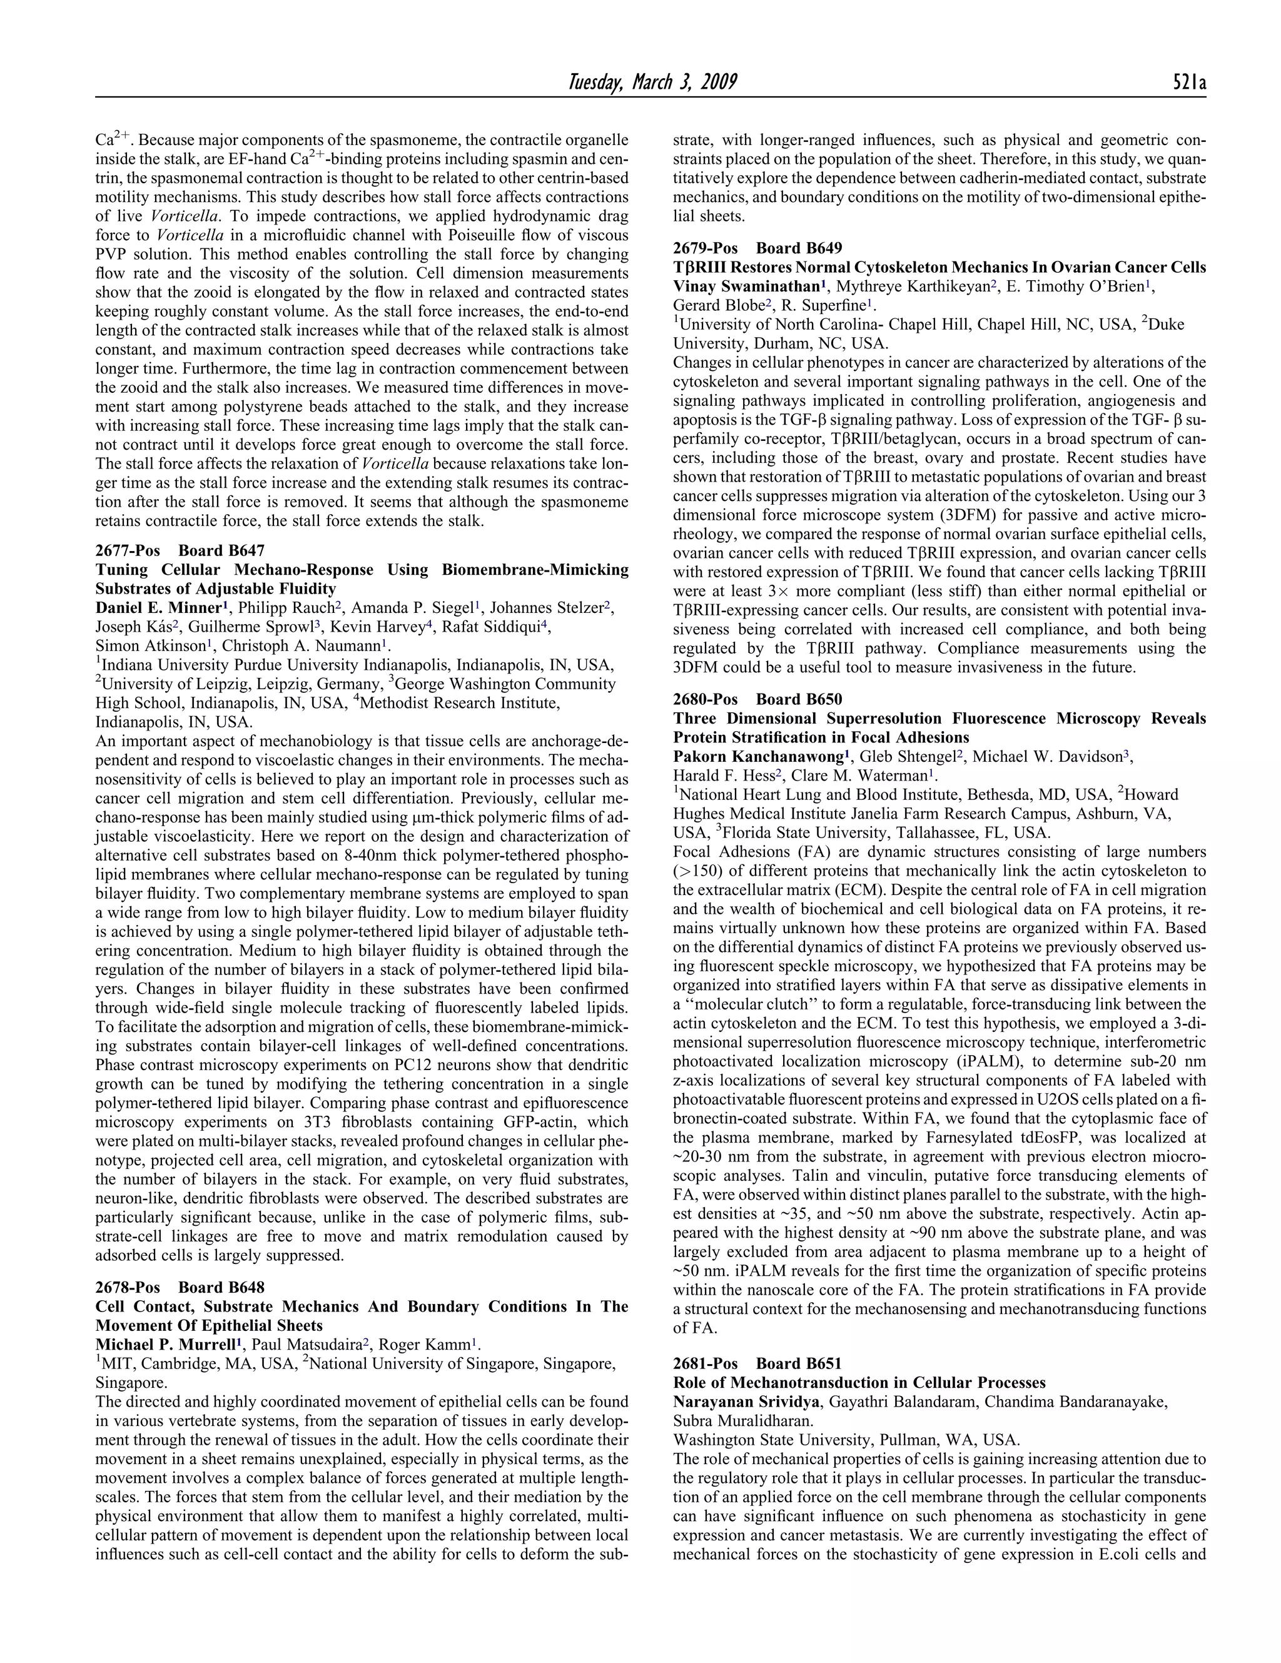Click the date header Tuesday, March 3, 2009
click(x=652, y=81)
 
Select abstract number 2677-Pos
click(x=127, y=550)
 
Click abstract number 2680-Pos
click(x=705, y=700)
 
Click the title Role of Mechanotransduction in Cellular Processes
click(x=859, y=1383)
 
